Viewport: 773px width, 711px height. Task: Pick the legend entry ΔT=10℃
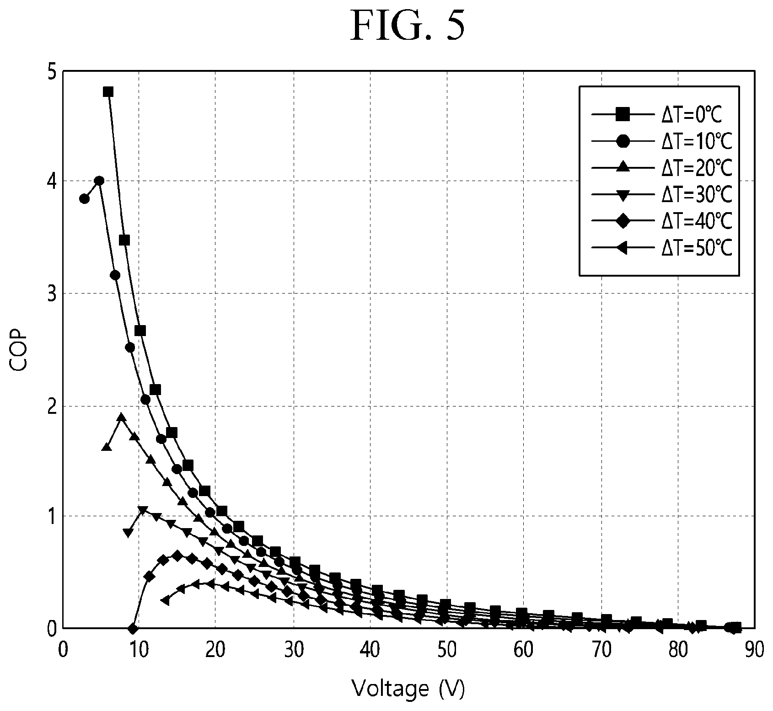662,142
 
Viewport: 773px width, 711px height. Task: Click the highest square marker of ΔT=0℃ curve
108,91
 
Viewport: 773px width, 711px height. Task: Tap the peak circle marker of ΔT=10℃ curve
99,181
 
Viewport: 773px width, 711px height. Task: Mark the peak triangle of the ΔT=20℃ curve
121,417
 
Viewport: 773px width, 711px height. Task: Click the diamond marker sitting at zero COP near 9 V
133,629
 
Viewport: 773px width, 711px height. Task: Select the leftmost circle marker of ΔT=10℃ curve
84,198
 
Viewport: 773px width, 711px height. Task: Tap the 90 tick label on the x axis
754,650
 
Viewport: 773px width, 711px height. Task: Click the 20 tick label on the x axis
216,650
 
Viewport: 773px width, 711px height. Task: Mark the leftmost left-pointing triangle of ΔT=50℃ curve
166,600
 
